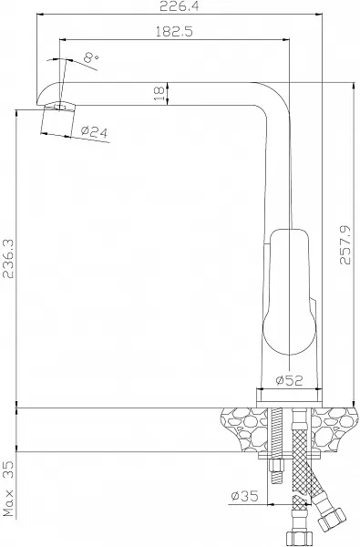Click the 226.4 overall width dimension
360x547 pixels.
pos(179,6)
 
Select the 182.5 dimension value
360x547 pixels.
pos(174,32)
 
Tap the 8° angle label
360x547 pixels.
pos(91,57)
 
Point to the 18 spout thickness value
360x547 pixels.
pos(159,94)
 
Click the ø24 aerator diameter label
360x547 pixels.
pos(94,131)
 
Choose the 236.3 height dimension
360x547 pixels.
pos(7,259)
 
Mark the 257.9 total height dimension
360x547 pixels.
pos(345,245)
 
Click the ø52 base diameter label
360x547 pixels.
pos(289,380)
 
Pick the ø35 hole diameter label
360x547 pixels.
pos(244,495)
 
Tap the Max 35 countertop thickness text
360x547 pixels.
pos(8,489)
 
